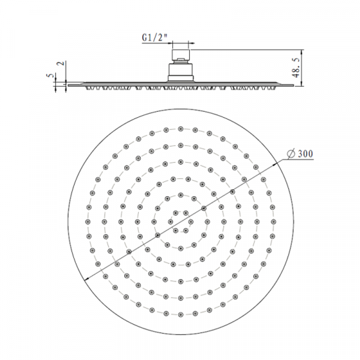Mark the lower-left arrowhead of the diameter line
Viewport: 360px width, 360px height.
pos(87,279)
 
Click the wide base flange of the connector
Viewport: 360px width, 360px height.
pos(181,78)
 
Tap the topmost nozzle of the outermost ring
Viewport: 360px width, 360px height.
pos(181,129)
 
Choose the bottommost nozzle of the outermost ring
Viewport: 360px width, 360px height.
pos(181,314)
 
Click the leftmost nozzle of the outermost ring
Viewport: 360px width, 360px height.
pos(88,222)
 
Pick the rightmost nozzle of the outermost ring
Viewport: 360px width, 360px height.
pos(274,222)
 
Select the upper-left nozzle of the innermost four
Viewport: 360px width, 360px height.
pos(175,213)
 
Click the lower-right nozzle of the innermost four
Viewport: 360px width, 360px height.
pos(186,230)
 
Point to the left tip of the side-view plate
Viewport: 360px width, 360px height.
pos(69,85)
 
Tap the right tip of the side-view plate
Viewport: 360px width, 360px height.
pos(293,85)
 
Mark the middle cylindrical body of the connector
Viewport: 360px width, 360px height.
pos(181,69)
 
